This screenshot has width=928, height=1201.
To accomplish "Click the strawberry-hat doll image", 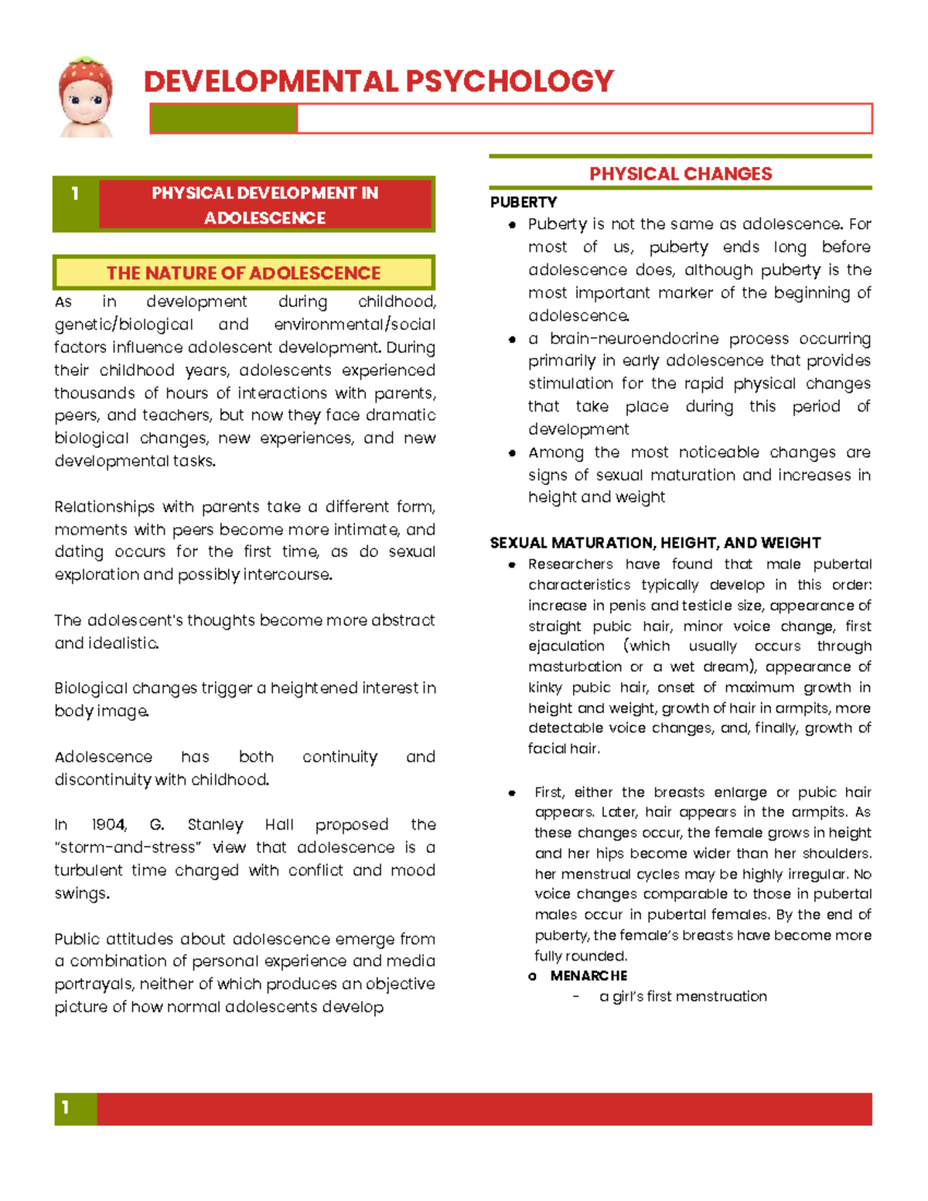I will tap(86, 97).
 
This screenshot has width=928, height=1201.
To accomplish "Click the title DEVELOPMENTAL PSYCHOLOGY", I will tap(378, 81).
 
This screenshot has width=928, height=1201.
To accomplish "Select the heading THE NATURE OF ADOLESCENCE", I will tap(244, 273).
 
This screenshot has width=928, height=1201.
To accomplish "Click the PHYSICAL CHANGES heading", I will tap(681, 174).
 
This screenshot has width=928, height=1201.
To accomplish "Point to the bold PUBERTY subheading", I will tap(524, 202).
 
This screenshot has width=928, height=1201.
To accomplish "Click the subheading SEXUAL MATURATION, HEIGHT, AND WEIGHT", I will tap(655, 543).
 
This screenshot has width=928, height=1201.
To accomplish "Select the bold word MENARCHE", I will tap(589, 976).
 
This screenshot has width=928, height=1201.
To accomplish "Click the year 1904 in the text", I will tap(108, 824).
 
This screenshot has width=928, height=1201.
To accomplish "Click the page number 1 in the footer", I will tap(66, 1108).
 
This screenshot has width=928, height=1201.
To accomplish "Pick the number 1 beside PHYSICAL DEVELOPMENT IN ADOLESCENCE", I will tap(75, 193).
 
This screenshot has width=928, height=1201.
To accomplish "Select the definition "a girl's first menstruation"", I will tap(683, 997).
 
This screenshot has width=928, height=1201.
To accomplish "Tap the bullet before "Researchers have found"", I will tap(512, 565).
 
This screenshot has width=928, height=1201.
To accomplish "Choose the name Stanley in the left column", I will tap(215, 824).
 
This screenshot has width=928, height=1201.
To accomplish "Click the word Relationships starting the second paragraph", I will tap(104, 507).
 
